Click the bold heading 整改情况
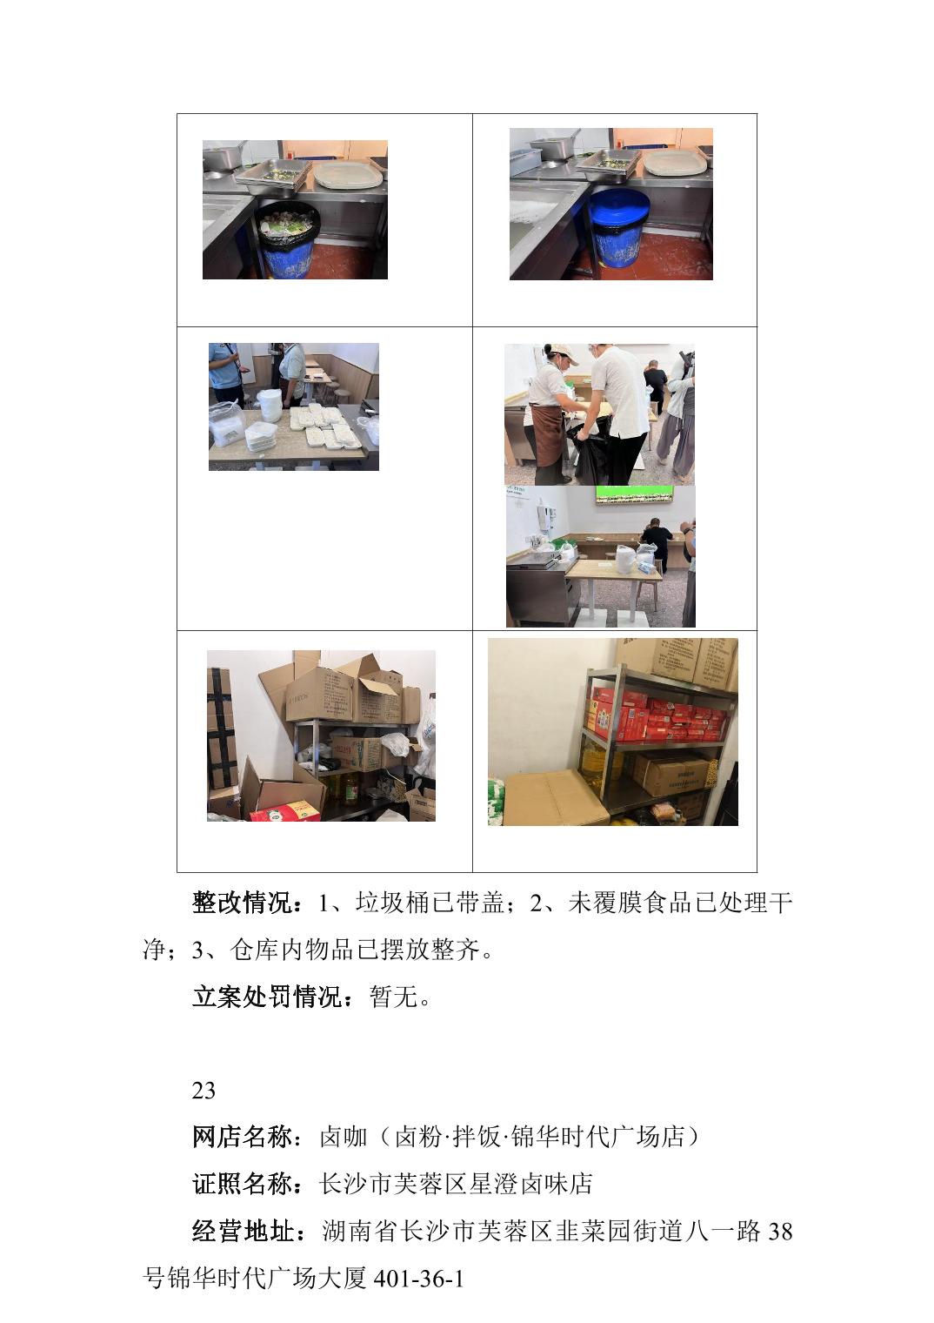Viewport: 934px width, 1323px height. [x=243, y=903]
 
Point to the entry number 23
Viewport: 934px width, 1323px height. [x=203, y=1091]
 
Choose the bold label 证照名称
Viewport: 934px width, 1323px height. [x=243, y=1184]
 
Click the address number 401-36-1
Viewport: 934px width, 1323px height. [x=419, y=1279]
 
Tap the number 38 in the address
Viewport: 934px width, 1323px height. [x=780, y=1232]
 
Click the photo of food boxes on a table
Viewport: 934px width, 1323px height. [x=294, y=407]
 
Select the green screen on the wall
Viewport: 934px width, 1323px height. [x=634, y=495]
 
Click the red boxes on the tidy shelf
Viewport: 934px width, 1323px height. [x=655, y=715]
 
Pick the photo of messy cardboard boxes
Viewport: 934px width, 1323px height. [x=321, y=736]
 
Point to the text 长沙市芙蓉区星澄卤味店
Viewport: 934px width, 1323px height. [x=456, y=1184]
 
